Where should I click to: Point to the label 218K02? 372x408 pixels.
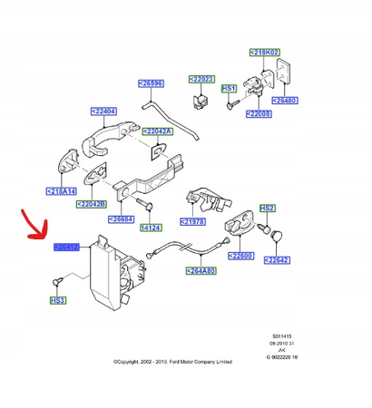265,54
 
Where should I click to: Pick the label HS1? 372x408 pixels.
230,89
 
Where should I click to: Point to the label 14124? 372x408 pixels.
151,226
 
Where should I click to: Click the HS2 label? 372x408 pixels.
267,208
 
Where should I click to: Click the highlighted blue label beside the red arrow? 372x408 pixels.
66,247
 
